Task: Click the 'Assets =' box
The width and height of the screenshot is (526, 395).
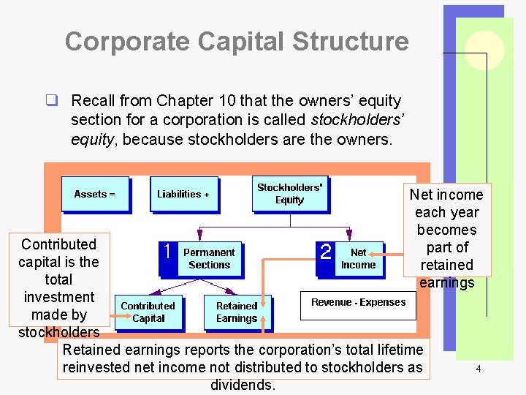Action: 95,194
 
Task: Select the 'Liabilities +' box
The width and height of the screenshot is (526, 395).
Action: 183,194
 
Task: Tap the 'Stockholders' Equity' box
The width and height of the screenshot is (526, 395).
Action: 289,193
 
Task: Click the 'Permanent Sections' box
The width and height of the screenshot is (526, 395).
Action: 209,259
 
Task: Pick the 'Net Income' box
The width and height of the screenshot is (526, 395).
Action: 358,259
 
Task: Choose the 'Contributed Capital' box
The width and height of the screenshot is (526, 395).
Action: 148,312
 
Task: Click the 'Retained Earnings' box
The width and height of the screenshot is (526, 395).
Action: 237,312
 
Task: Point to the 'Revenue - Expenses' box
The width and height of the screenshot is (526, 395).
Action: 358,303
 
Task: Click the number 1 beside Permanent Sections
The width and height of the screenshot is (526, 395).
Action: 168,252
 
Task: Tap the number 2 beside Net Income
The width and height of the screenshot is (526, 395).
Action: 327,252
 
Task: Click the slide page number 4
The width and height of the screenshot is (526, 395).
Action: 478,369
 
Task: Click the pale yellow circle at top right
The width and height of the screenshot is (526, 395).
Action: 485,50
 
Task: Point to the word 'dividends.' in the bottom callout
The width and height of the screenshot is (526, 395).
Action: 243,385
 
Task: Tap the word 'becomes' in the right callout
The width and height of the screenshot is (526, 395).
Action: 446,230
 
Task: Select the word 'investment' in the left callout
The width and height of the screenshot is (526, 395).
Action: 58,297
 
